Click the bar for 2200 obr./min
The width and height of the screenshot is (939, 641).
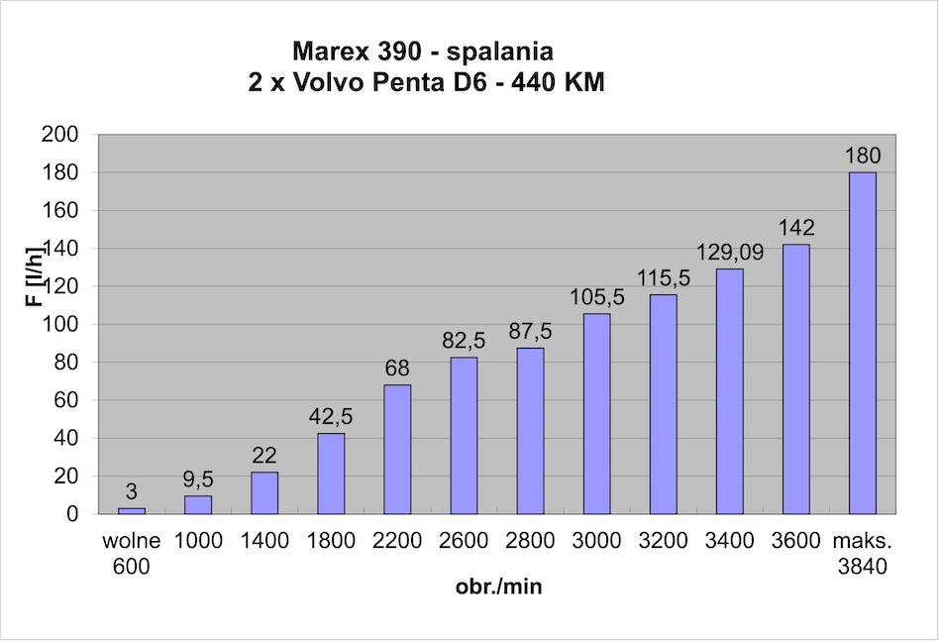(397, 449)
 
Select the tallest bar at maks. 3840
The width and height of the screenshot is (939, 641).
(863, 343)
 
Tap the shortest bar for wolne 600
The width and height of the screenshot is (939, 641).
(132, 511)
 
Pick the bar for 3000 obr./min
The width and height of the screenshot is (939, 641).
(596, 413)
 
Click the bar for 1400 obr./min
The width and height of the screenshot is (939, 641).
(264, 492)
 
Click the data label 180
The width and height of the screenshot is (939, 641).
(863, 156)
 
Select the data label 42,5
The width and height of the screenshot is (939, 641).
(331, 417)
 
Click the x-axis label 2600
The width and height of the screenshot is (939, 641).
(464, 541)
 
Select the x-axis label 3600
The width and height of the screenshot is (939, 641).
(796, 541)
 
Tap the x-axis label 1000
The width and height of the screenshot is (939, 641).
(198, 541)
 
